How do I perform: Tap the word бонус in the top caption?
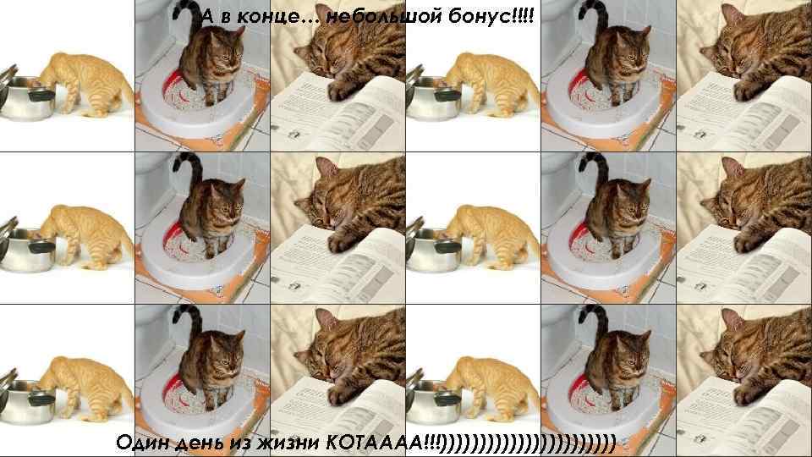coord(480,17)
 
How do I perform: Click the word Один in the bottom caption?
coord(145,441)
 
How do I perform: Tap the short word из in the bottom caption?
coord(251,442)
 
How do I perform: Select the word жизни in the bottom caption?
coord(295,442)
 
